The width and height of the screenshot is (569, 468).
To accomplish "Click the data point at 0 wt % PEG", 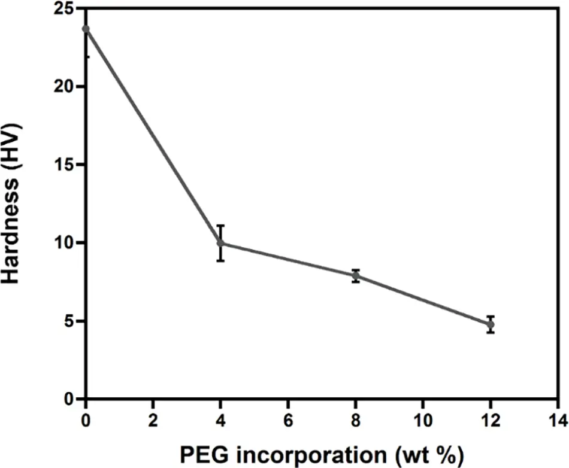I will (86, 29).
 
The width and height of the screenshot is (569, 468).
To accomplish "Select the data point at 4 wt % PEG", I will (220, 243).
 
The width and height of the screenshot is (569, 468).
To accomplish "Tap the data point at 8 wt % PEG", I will (356, 276).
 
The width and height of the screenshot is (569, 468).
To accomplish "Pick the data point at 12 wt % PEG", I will (491, 324).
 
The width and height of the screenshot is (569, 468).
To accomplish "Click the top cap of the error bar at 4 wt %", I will (220, 226).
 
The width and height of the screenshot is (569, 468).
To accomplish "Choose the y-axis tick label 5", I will (69, 321).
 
